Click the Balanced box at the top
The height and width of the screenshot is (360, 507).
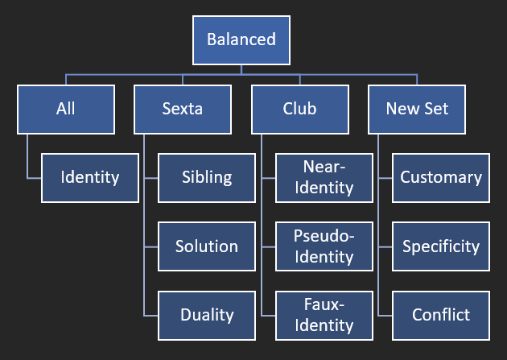pos(241,40)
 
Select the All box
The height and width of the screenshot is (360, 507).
pos(66,110)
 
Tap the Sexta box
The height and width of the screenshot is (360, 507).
pos(183,110)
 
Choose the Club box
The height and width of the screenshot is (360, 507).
pos(300,110)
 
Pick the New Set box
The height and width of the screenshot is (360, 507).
pos(417,110)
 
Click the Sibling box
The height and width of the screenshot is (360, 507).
pos(207,178)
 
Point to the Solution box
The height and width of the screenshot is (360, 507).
pos(207,246)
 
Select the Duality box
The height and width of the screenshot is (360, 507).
pos(207,316)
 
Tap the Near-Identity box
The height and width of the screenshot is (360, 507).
pos(324,178)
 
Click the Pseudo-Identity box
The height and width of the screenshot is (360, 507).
pos(324,246)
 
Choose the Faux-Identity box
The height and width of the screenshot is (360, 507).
pos(324,316)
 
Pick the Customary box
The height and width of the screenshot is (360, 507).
pos(441,178)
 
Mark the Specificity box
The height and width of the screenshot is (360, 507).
pos(441,246)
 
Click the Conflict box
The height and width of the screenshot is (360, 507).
pos(441,316)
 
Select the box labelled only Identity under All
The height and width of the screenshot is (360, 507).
pos(90,178)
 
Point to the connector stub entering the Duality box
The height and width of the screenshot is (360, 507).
pos(150,316)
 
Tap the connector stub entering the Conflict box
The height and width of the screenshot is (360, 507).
pos(385,316)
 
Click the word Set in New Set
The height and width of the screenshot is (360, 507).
pos(436,109)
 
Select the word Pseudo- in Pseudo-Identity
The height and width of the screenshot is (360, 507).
pos(324,236)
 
